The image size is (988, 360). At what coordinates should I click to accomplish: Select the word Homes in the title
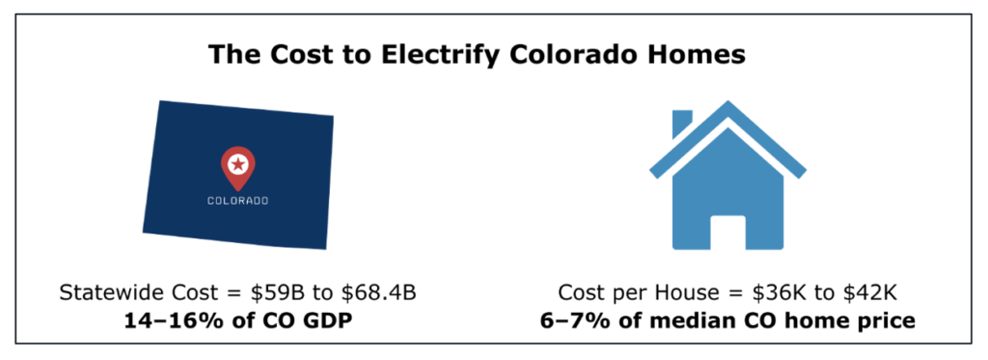698,54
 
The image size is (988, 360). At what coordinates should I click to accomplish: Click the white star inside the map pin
237,164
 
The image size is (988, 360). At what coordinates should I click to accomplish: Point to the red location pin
237,168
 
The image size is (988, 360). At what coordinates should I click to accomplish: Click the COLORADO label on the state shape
237,201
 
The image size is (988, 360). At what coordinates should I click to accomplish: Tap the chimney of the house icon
682,124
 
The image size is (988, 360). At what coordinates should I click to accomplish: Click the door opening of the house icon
728,232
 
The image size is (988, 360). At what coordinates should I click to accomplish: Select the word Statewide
99,293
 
